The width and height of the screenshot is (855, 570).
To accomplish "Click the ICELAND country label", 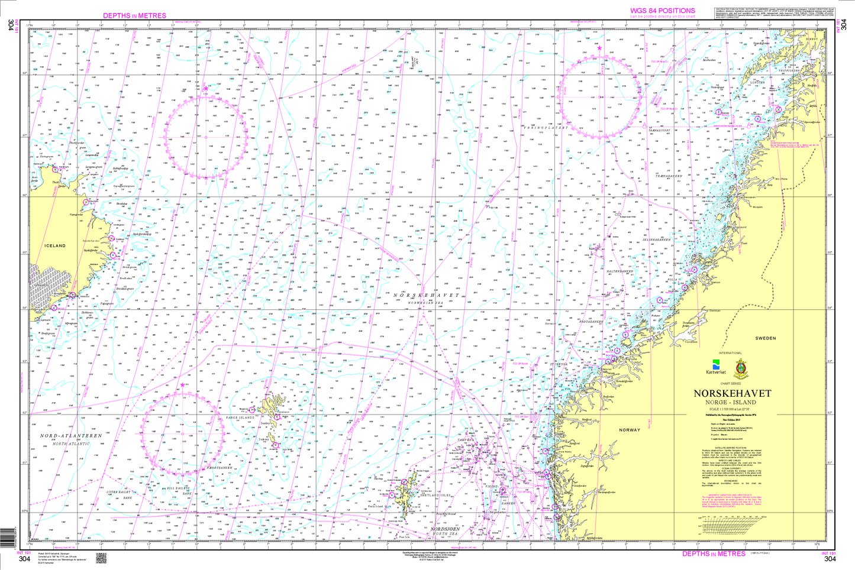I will pyautogui.click(x=54, y=245).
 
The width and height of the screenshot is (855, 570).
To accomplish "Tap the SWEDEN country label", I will pyautogui.click(x=765, y=338).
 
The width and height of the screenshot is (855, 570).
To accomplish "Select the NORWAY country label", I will pyautogui.click(x=630, y=430).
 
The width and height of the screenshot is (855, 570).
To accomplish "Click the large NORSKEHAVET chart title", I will pyautogui.click(x=732, y=394).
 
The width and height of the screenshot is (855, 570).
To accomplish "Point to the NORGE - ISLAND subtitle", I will pyautogui.click(x=732, y=403).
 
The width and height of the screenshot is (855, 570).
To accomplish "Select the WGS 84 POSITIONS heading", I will pyautogui.click(x=662, y=11).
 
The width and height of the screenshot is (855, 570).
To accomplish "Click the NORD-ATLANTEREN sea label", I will pyautogui.click(x=71, y=436).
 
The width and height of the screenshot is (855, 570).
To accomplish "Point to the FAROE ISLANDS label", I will pyautogui.click(x=240, y=417).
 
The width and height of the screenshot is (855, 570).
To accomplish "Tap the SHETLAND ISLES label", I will pyautogui.click(x=435, y=495).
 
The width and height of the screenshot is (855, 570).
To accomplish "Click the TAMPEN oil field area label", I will pyautogui.click(x=466, y=441).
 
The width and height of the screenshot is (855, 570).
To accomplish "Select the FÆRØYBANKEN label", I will pyautogui.click(x=220, y=467).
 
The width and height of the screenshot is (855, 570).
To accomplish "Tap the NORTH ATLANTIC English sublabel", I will pyautogui.click(x=71, y=443).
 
